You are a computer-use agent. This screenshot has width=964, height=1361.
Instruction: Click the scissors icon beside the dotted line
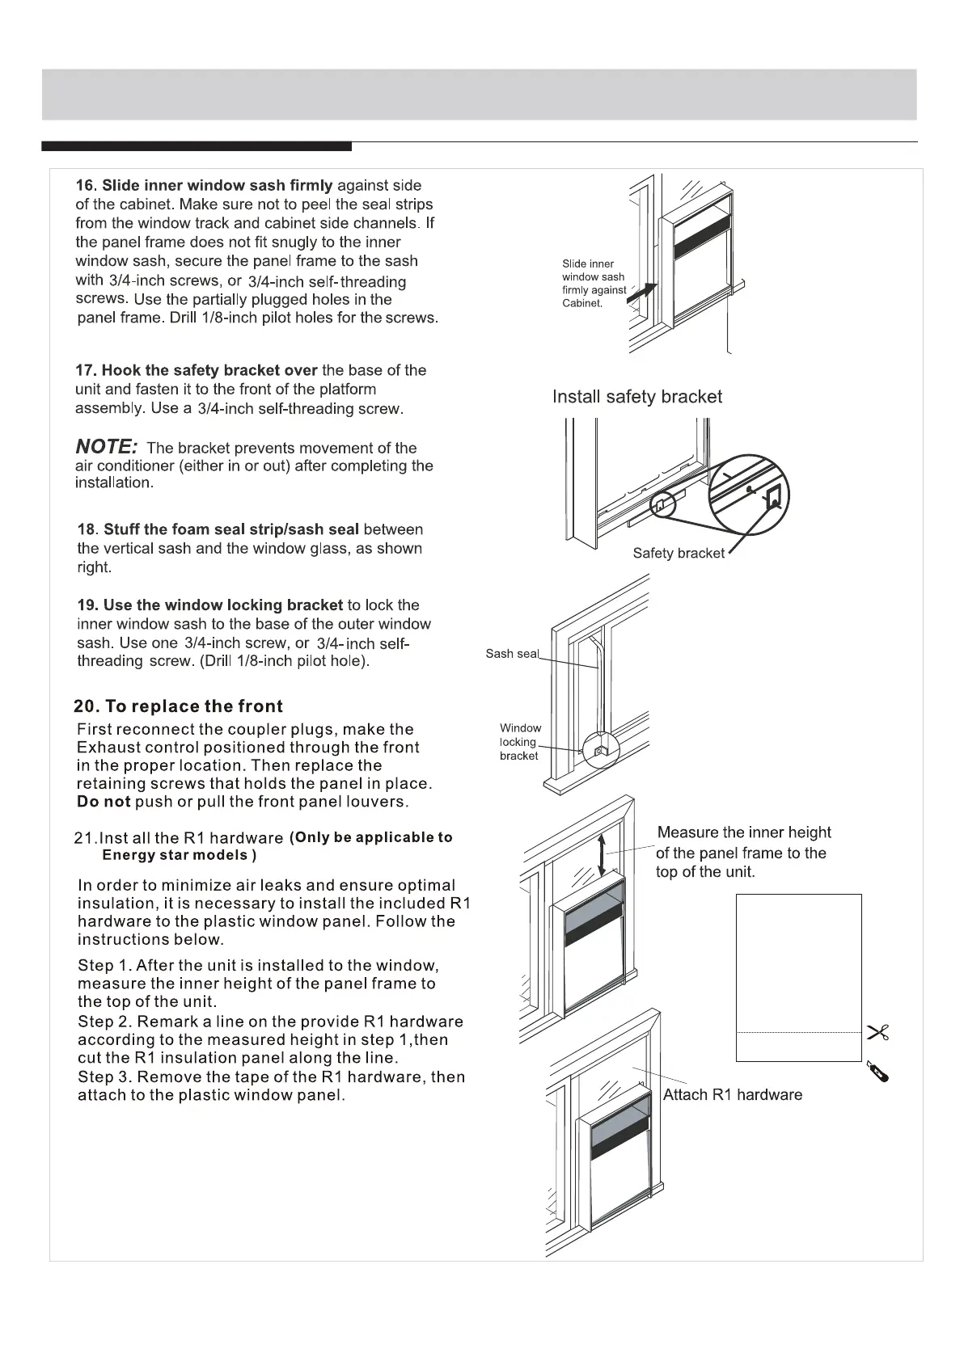point(877,1032)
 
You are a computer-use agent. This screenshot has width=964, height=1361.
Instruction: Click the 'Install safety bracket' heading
point(636,397)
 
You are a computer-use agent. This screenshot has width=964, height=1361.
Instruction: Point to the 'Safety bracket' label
point(679,554)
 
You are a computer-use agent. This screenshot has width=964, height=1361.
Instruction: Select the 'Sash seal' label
point(511,654)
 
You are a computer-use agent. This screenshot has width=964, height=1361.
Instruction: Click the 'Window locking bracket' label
point(520,742)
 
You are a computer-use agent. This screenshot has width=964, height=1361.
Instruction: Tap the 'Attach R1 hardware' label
point(732,1095)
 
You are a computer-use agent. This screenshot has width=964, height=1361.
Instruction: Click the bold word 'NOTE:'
point(106,446)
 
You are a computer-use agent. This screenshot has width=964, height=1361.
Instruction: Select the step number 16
point(85,186)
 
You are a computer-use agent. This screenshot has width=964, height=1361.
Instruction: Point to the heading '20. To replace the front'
point(178,706)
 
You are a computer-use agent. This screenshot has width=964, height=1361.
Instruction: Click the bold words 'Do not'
point(104,802)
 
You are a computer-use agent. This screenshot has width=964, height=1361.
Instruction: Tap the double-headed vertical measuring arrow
point(601,856)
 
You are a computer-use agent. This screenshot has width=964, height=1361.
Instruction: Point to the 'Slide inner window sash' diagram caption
point(594,283)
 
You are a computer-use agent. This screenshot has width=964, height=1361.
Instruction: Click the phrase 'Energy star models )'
point(179,855)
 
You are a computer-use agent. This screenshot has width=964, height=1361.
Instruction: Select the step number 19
point(87,605)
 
